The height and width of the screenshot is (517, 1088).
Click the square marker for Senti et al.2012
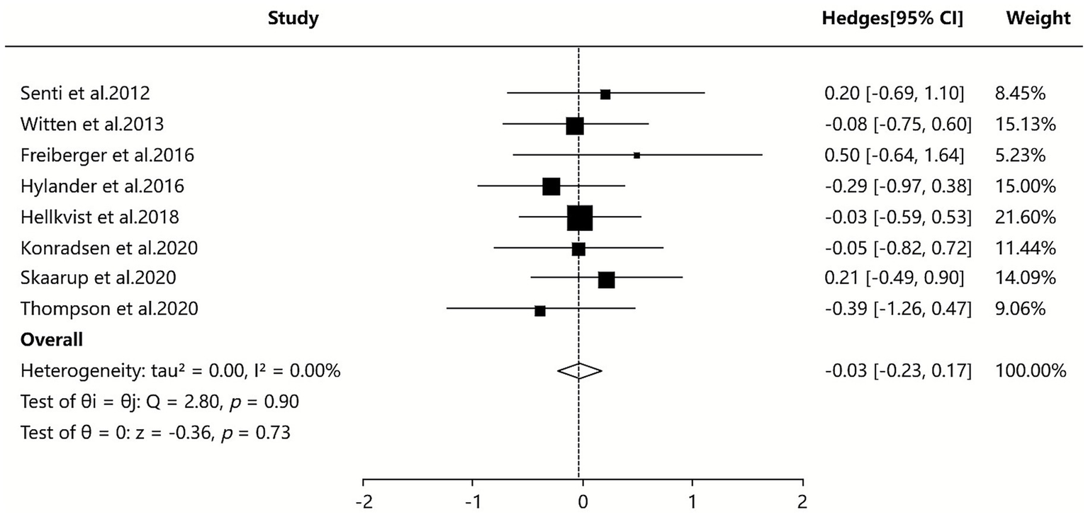coord(605,94)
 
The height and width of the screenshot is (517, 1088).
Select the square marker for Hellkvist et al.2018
coord(580,218)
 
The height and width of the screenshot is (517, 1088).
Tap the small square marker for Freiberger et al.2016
coord(636,155)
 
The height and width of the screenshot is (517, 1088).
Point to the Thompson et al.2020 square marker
coord(540,311)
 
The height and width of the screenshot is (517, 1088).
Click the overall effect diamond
coord(579,370)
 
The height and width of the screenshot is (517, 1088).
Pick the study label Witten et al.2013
coord(92,125)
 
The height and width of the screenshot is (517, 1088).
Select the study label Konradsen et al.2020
coord(109,249)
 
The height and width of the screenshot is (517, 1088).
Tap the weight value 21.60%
coord(1025,217)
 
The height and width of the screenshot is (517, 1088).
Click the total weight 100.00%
coord(1030,371)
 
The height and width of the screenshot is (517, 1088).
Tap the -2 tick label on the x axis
coord(364,501)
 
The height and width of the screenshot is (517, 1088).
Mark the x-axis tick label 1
coord(692,501)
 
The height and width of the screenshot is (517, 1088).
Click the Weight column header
coord(1038,19)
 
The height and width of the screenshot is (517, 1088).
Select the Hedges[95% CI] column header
coord(891,19)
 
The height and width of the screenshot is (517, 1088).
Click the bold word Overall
coord(52,340)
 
